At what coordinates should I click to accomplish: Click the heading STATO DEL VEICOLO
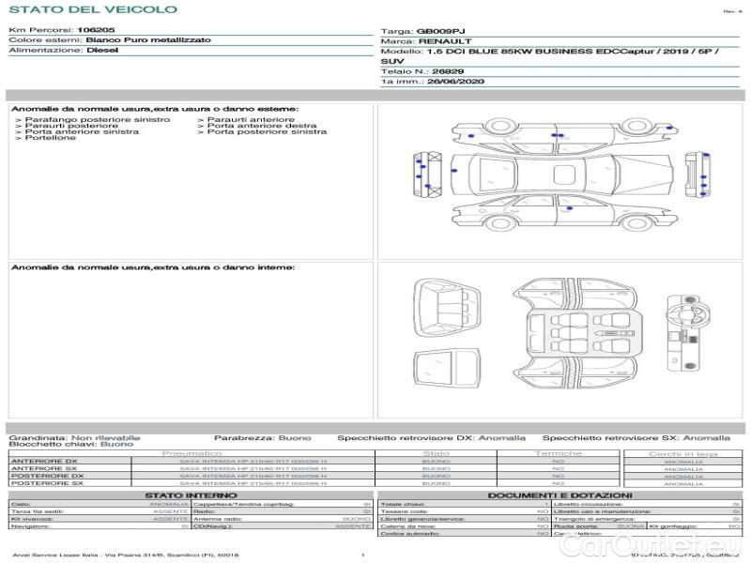point(92,9)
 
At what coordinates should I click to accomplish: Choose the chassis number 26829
point(435,71)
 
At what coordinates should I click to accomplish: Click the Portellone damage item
point(52,138)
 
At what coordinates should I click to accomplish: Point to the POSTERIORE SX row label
point(46,483)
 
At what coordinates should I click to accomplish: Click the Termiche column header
point(558,453)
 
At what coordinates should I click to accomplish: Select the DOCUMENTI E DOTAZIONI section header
point(559,495)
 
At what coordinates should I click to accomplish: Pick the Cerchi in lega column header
point(682,453)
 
